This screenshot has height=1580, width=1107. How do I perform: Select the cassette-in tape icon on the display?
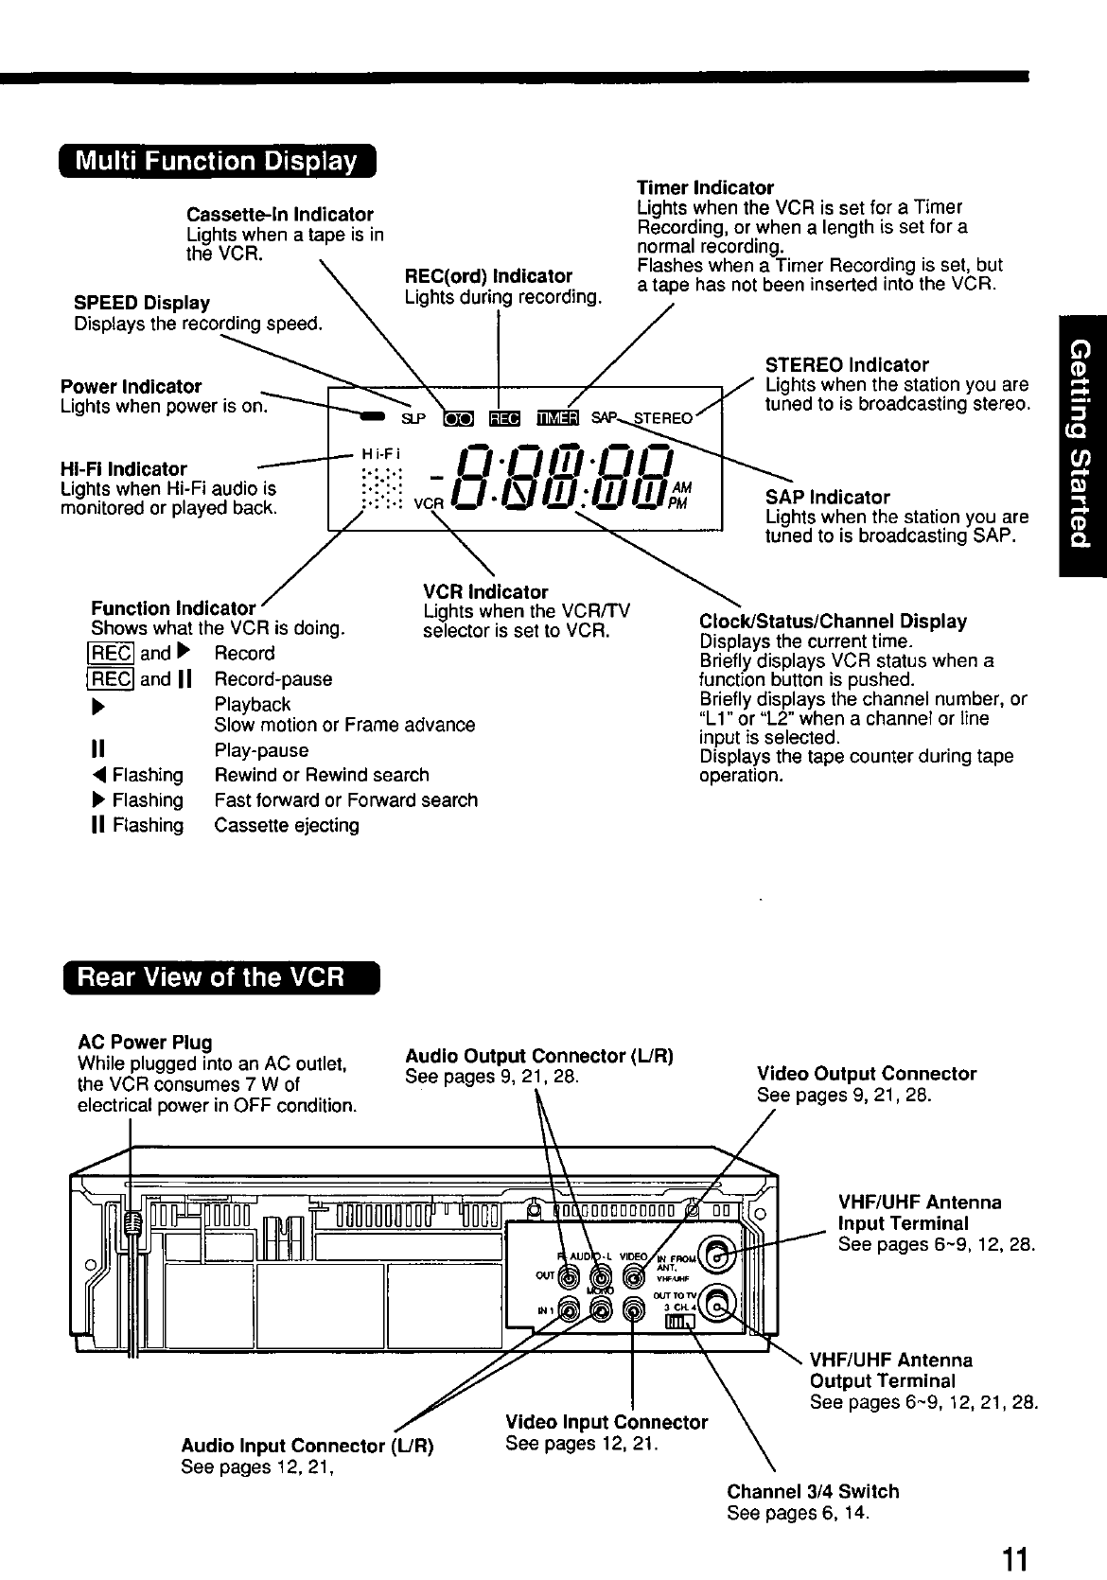pyautogui.click(x=458, y=418)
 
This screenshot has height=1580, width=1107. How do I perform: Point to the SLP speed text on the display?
pyautogui.click(x=413, y=418)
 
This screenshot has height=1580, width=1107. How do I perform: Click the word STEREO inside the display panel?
pyautogui.click(x=663, y=418)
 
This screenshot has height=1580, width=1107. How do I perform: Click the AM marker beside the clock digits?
pyautogui.click(x=682, y=486)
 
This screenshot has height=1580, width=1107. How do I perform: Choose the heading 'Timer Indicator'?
pyautogui.click(x=705, y=187)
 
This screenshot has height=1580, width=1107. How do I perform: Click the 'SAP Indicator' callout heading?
pyautogui.click(x=827, y=497)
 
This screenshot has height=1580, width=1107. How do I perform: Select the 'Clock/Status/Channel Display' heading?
pyautogui.click(x=833, y=622)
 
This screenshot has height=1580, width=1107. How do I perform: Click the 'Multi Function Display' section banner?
pyautogui.click(x=217, y=162)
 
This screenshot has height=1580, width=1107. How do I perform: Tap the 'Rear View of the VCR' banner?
pyautogui.click(x=217, y=976)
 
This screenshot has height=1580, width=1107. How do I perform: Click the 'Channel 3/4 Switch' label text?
pyautogui.click(x=813, y=1491)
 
